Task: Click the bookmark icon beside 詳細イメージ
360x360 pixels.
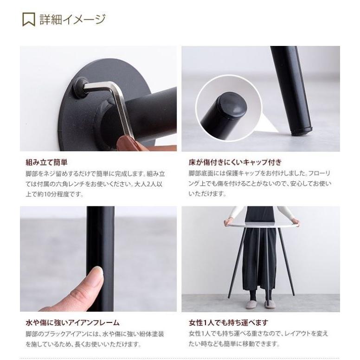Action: (29, 19)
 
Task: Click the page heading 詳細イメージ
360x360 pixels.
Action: (72, 19)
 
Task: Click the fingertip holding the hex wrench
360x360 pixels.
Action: (126, 143)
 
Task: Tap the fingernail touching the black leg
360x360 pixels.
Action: (99, 270)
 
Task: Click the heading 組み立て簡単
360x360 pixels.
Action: (46, 162)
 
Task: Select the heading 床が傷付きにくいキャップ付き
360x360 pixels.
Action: (235, 162)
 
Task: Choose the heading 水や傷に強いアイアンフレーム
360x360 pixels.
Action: (72, 322)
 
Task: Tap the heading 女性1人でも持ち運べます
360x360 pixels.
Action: (228, 322)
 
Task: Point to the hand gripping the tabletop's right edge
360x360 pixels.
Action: (296, 223)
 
